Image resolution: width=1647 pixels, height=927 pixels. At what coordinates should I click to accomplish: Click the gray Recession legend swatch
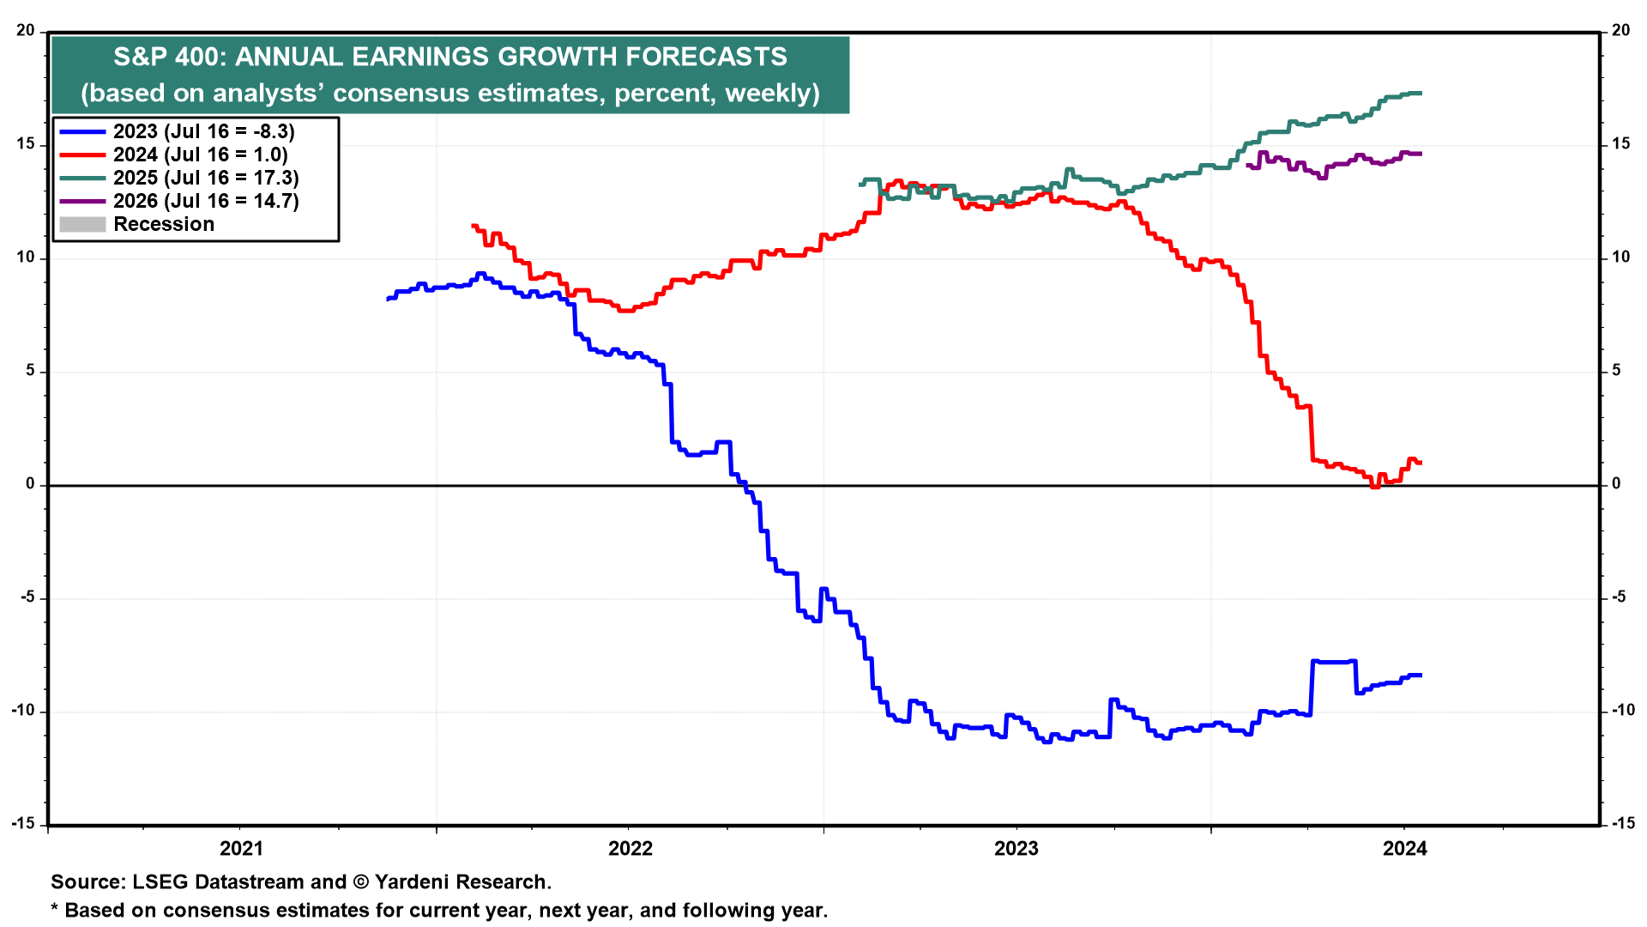click(82, 224)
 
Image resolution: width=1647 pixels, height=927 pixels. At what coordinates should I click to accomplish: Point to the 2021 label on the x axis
click(241, 849)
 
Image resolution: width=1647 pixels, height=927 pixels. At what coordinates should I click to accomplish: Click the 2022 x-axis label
click(630, 849)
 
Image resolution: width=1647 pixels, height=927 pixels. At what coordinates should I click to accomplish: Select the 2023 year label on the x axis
click(1016, 849)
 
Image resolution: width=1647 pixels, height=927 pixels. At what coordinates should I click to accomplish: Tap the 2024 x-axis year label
click(1404, 849)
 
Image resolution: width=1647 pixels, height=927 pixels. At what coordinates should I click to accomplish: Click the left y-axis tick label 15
click(26, 144)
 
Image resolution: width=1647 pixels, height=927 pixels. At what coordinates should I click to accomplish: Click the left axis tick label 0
click(31, 484)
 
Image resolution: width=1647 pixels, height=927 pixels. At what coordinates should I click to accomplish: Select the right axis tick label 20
click(1620, 31)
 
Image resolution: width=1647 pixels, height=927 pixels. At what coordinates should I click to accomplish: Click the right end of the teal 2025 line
click(1421, 93)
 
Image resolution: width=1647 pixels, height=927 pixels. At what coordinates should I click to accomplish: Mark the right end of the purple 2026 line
click(1421, 154)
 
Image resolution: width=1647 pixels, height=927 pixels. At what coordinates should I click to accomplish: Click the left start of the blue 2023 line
click(389, 299)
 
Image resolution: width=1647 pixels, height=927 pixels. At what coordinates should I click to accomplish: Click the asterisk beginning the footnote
click(55, 910)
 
